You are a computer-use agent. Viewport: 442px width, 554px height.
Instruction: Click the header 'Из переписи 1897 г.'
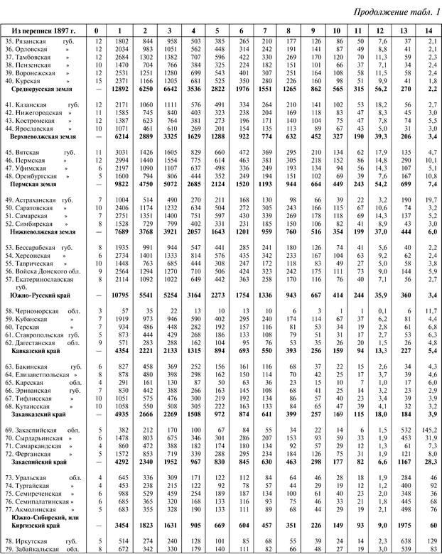click(x=43, y=31)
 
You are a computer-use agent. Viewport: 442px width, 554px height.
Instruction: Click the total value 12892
click(x=121, y=91)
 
